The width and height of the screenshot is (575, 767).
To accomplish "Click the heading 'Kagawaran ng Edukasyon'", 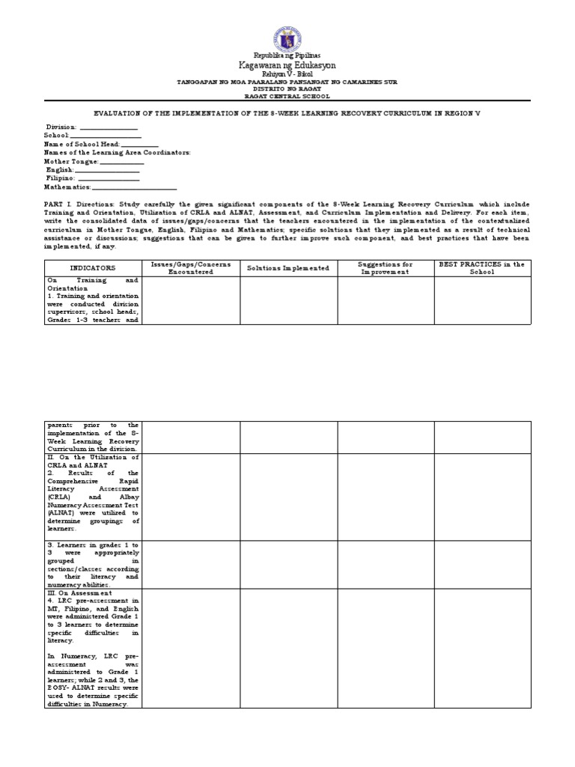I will tap(287, 66).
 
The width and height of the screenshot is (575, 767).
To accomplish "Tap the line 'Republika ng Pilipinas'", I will tap(287, 55).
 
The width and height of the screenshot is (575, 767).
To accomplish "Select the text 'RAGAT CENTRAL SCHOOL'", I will tap(287, 96).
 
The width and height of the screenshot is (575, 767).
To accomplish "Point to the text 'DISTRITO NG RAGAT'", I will tap(287, 89).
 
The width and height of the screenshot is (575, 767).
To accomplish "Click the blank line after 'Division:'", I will tap(108, 129).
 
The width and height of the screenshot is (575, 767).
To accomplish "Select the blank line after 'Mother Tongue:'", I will tap(121, 162).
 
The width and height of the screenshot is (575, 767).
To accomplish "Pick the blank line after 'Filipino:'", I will tap(109, 179).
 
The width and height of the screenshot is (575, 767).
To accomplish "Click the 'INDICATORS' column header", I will tap(93, 267).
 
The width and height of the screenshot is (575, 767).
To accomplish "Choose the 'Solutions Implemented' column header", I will tap(288, 267).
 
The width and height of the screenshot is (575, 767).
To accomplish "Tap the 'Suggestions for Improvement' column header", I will tap(386, 267).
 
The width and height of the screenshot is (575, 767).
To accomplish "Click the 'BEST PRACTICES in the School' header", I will tap(482, 267).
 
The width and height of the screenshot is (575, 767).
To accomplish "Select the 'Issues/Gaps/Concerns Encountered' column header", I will tap(191, 267).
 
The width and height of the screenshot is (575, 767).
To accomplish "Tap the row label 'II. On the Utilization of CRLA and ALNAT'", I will tap(93, 461).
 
